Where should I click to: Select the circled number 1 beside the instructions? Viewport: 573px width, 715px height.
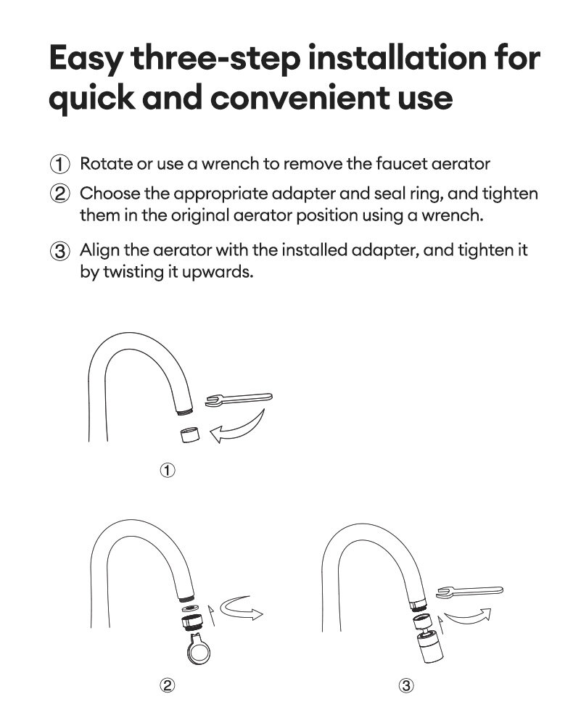(x=59, y=164)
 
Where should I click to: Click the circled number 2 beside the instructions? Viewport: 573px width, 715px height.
(x=59, y=194)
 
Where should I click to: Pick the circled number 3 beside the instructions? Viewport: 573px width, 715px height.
(x=59, y=252)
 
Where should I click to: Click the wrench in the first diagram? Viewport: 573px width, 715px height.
(x=239, y=398)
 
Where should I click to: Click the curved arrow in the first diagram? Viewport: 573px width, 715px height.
(x=239, y=428)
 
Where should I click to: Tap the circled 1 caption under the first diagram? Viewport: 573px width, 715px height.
(x=168, y=471)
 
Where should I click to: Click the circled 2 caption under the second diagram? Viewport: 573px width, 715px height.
(x=168, y=685)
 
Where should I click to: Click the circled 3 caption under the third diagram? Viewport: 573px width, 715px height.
(x=406, y=685)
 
